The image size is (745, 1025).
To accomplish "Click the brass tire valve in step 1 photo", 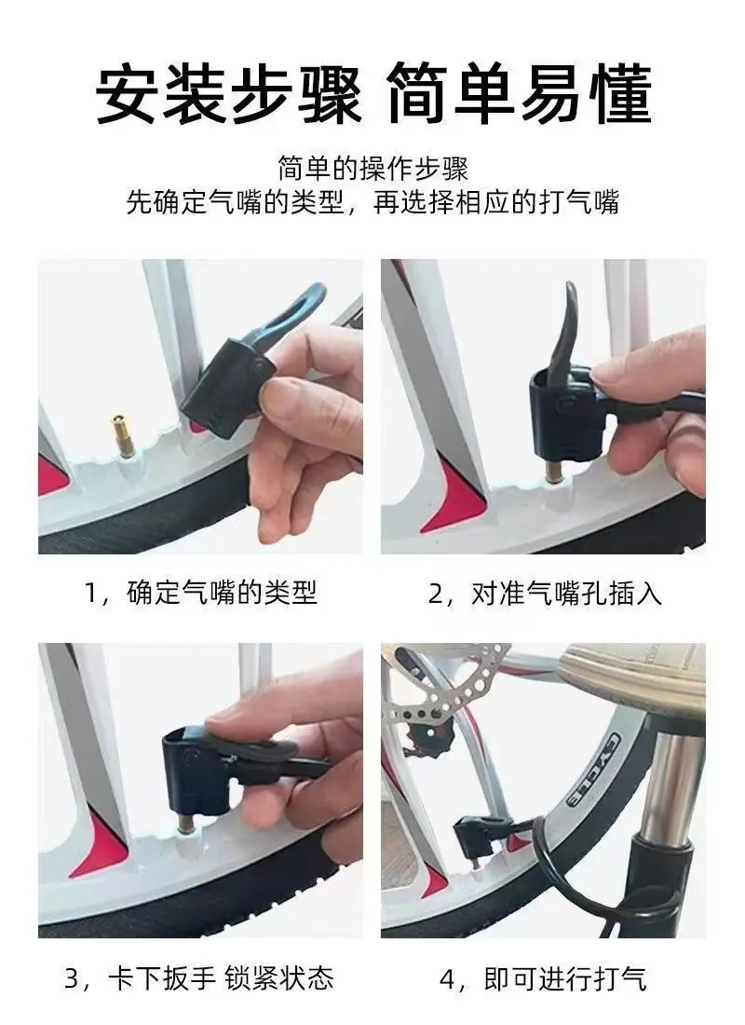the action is (x=120, y=435).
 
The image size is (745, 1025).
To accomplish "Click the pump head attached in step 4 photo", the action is (x=476, y=838).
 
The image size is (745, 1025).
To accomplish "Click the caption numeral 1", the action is (x=92, y=594).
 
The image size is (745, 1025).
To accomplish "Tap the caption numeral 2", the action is (x=435, y=594).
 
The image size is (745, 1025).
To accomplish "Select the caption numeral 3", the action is (x=74, y=978).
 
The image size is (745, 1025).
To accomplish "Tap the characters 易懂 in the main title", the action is (x=584, y=93).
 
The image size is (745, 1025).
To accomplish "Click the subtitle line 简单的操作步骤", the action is (x=372, y=168).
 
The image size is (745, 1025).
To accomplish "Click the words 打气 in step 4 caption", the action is (x=620, y=978).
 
